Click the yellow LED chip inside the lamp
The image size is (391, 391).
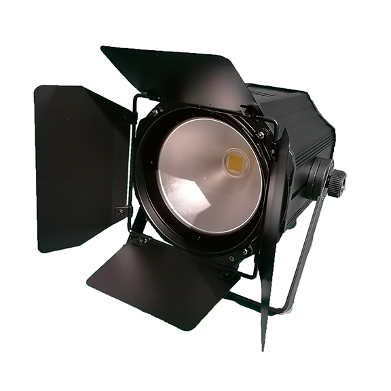(x=235, y=162)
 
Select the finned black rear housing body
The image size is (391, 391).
(x=305, y=136)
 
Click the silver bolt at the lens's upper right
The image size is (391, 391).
(x=260, y=135)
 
